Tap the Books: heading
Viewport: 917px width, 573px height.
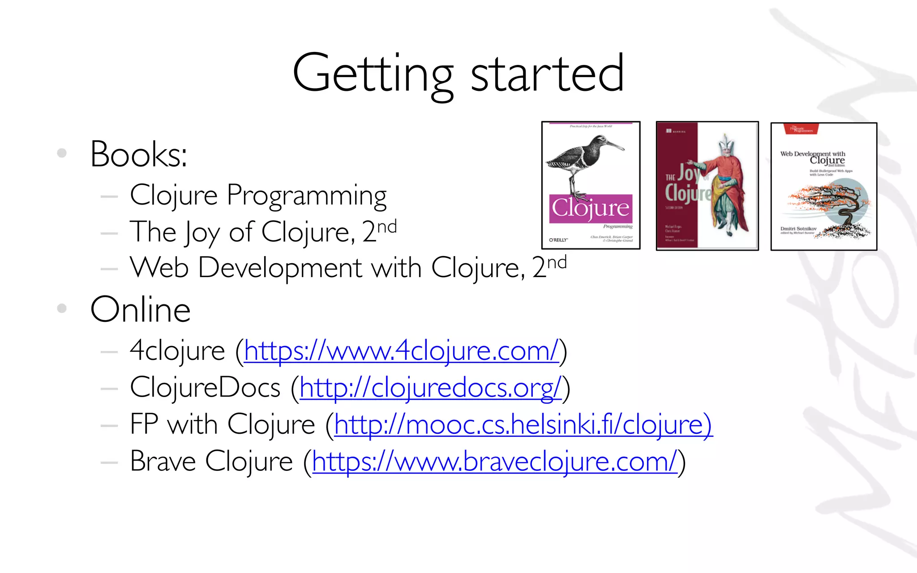coord(139,154)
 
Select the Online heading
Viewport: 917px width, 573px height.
coord(141,310)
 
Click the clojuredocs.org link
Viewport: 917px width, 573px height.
coord(430,388)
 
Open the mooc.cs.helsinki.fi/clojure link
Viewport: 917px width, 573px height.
coord(523,424)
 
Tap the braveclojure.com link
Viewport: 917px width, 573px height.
coord(495,462)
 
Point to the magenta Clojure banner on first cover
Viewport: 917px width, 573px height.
coord(591,208)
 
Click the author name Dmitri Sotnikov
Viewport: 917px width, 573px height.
coord(798,229)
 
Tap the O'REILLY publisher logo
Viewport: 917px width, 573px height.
coord(558,240)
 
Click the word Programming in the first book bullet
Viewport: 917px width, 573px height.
coord(307,196)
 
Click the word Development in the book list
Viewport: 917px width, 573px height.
coord(280,268)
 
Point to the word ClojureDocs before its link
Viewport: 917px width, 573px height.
coord(205,388)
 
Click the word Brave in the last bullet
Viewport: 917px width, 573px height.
coord(163,462)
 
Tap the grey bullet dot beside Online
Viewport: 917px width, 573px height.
coord(62,308)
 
